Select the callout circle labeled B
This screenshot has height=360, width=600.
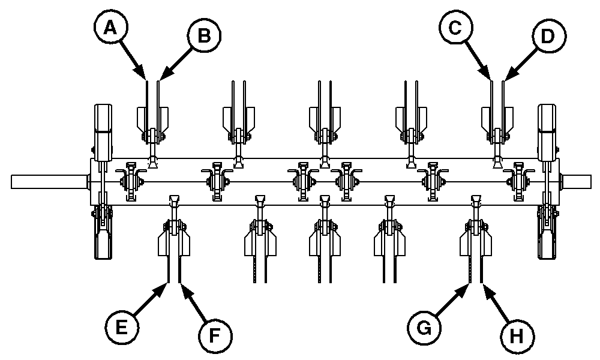click(204, 36)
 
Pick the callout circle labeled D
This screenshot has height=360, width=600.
click(546, 36)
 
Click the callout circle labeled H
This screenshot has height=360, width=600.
click(517, 334)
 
